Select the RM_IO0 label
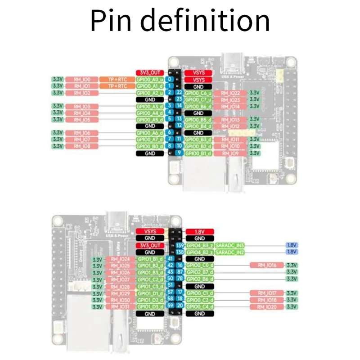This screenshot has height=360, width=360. [x=81, y=79]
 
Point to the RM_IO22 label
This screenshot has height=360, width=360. [x=230, y=93]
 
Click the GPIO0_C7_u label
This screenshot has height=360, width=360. [x=198, y=99]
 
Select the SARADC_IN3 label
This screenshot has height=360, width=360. [x=229, y=245]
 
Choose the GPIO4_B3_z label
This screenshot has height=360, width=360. [x=199, y=245]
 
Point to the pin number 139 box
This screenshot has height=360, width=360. [x=180, y=245]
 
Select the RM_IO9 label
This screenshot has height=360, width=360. [x=230, y=153]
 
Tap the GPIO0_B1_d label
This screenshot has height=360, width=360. [x=198, y=153]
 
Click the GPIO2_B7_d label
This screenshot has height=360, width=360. [x=199, y=272]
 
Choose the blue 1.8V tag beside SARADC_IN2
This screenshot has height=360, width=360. [x=292, y=252]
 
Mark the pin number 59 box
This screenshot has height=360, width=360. [x=170, y=306]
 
